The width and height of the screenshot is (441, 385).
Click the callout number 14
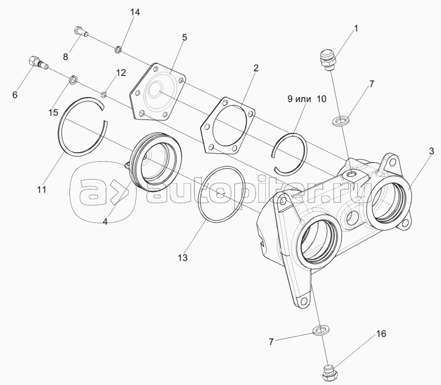coord(135,13)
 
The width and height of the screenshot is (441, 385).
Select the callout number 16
coord(382,334)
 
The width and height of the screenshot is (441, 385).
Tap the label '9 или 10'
coord(307,99)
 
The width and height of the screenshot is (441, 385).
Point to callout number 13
coord(183,258)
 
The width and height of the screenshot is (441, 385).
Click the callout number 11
coord(41,190)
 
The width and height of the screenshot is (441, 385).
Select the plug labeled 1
coord(328,60)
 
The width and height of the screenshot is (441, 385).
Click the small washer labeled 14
coord(118,50)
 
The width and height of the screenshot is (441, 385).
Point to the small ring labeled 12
coord(104,94)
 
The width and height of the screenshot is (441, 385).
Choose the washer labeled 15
coord(73,80)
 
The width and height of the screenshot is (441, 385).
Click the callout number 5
coord(184,38)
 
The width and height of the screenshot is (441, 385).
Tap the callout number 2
coord(255,68)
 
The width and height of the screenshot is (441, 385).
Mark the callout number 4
coord(105,222)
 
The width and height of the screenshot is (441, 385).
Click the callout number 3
coord(431,151)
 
